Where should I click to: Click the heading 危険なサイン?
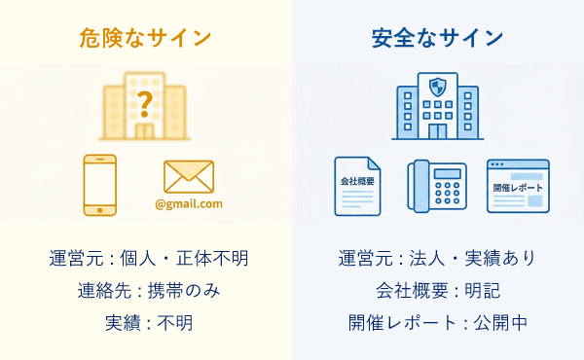pos(145,39)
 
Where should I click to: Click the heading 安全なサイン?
pos(437,39)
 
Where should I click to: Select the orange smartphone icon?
pos(99,185)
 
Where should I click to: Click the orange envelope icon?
pos(189,176)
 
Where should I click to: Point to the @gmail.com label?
pos(189,204)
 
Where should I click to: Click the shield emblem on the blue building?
pos(437,87)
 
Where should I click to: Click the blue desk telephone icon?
pos(437,185)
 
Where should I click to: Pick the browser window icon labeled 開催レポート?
pos(517,185)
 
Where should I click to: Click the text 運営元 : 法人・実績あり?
pos(437,259)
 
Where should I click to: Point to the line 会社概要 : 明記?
pos(437,291)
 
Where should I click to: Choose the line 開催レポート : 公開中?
pos(437,323)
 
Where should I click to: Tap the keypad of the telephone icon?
pos(447,194)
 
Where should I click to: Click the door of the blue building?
pos(437,130)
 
